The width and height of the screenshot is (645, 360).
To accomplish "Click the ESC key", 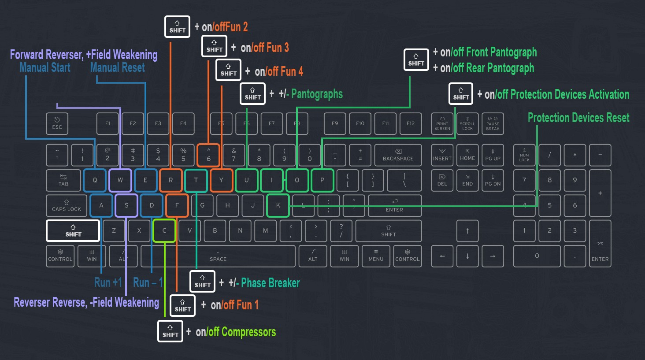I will [57, 123].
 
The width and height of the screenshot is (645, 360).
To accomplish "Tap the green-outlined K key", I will [278, 205].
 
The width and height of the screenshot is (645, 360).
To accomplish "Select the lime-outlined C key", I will [164, 230].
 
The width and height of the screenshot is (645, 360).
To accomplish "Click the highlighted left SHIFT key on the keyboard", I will [73, 231].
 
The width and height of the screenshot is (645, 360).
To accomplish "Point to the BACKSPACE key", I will [398, 155].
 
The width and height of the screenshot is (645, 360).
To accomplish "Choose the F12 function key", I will [411, 123].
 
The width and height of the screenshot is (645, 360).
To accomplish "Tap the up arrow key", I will [467, 231].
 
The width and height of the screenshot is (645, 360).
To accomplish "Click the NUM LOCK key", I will [524, 155].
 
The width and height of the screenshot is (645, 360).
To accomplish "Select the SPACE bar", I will [218, 256].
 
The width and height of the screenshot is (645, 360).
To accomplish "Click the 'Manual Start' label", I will [45, 68].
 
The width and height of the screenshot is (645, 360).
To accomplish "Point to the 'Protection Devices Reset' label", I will [578, 118].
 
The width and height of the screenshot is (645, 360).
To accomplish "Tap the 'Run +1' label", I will [108, 282].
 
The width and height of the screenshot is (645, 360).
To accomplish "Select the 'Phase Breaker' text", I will [271, 283].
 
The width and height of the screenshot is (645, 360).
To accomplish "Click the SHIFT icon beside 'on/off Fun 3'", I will [214, 46].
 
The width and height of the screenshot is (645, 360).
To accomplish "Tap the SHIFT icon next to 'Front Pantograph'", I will [416, 60].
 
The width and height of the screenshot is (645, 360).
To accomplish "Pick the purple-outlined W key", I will [120, 180].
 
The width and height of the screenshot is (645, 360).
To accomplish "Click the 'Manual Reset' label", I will [118, 68].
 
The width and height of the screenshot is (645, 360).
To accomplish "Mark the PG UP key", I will [493, 155].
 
